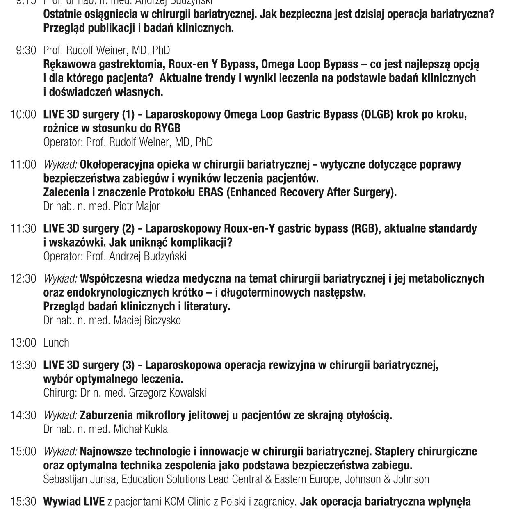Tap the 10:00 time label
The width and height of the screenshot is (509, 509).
coord(23,114)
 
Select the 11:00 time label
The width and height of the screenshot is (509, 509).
coord(23,165)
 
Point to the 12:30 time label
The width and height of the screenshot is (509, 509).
coord(23,279)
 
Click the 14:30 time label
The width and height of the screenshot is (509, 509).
coord(23,415)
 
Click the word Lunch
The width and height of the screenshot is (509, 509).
coord(56,343)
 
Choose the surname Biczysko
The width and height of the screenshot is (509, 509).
coord(163,320)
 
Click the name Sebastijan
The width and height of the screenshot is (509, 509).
coord(63,479)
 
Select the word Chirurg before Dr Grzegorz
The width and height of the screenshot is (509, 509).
coord(60,393)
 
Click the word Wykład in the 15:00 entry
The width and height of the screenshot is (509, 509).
coord(60,452)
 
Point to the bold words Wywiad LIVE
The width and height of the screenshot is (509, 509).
coord(74,502)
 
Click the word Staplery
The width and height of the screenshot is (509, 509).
coord(399,452)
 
